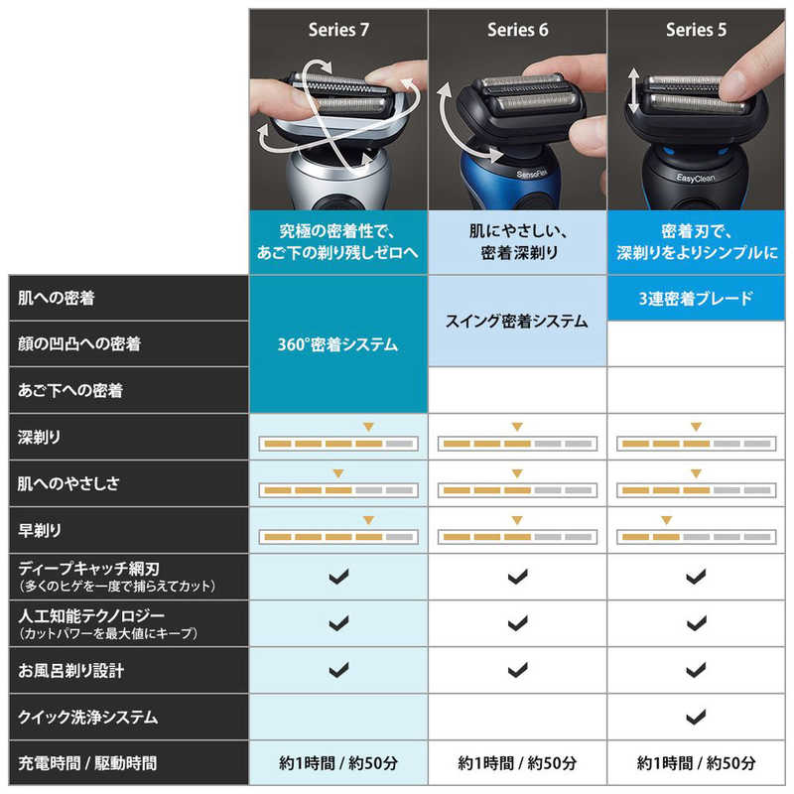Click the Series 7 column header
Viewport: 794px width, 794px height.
point(338,30)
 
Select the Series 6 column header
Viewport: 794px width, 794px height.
point(517,30)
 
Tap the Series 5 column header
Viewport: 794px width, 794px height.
point(697,30)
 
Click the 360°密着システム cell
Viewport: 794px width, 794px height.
point(337,344)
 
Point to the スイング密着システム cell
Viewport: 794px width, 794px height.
point(517,321)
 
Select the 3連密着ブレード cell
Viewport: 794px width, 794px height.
point(696,299)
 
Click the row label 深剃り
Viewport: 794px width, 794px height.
point(39,437)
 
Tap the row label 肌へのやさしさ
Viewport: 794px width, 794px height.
point(68,483)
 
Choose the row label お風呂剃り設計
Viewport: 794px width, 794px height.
point(70,671)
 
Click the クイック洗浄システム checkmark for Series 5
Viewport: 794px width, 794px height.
point(696,717)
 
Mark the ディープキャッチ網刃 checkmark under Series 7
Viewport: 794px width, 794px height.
point(338,577)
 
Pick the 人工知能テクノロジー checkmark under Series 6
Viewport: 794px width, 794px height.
point(517,623)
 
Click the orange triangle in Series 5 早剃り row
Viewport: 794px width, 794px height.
point(666,520)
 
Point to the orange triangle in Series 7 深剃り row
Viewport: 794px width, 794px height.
point(368,427)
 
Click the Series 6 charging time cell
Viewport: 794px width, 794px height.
point(517,763)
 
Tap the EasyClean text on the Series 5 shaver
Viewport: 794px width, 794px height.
point(696,178)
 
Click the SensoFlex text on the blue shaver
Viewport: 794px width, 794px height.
point(532,175)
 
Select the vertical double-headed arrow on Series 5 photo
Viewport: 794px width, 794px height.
point(633,91)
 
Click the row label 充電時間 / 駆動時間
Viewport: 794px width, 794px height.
point(87,763)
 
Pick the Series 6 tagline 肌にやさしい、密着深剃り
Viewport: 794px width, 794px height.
point(518,242)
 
